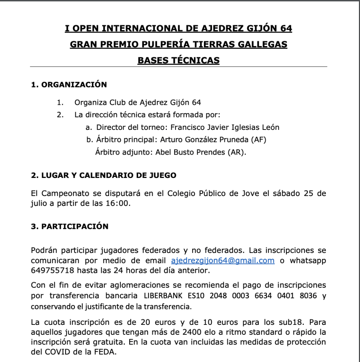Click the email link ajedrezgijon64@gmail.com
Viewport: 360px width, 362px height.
[223, 261]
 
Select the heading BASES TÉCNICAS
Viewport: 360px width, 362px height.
[178, 61]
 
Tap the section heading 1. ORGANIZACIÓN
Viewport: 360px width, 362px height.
[69, 85]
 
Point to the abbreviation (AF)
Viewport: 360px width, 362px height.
[258, 139]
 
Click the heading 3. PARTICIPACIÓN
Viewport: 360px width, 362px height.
[70, 226]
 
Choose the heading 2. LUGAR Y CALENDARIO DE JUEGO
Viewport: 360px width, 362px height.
[104, 176]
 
